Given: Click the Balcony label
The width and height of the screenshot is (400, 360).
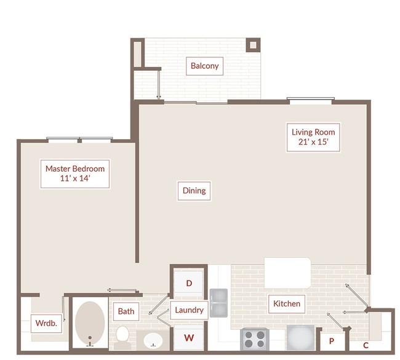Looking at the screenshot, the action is click(x=204, y=66).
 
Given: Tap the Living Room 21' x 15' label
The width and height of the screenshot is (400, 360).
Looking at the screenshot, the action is click(x=313, y=137).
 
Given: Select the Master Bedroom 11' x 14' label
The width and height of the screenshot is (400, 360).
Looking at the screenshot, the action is click(x=75, y=174).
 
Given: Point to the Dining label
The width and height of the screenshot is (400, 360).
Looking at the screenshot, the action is click(x=194, y=191).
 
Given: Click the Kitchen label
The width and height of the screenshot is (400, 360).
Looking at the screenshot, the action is click(x=287, y=304).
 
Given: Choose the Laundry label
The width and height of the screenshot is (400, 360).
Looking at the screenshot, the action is click(x=189, y=310).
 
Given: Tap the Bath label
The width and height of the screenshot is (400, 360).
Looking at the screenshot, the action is click(x=126, y=311).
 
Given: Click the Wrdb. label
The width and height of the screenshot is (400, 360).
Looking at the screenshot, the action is click(x=46, y=324).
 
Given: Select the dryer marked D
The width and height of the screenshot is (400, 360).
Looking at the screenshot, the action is click(x=189, y=283).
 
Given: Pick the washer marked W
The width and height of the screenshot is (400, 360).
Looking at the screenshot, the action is click(x=189, y=338).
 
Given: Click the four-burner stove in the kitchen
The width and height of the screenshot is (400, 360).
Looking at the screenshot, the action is click(x=254, y=339).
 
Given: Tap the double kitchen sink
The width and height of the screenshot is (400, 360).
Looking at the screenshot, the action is click(x=218, y=303).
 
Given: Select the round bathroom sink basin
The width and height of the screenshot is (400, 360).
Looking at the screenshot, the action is click(x=153, y=340).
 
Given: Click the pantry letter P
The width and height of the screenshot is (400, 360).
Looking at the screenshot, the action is click(x=331, y=341).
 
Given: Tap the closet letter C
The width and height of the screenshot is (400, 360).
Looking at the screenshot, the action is click(x=366, y=345).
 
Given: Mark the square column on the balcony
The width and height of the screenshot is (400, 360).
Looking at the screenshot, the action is click(x=253, y=45).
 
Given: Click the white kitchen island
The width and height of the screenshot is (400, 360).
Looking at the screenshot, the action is click(x=288, y=273).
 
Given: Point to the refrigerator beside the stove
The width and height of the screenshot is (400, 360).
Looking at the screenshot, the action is click(x=300, y=337).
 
